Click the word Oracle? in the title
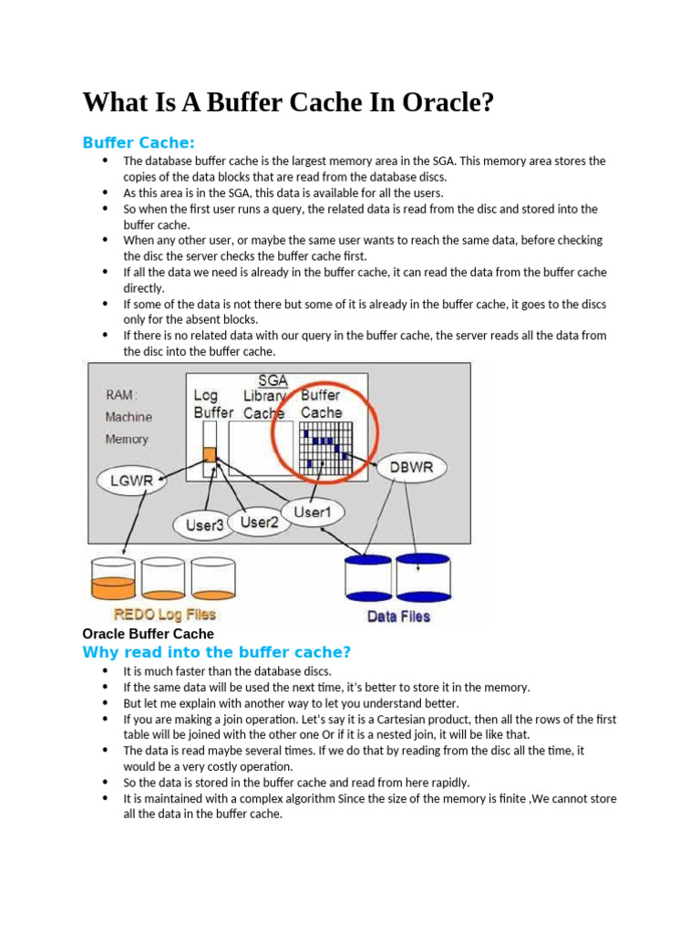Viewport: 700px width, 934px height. [445, 102]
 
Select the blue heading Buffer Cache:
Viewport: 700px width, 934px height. [139, 142]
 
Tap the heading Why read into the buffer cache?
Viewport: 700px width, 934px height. [216, 652]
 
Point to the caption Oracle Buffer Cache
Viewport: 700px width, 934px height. [148, 633]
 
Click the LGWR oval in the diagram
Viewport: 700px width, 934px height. [131, 481]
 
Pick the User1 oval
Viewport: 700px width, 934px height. [313, 513]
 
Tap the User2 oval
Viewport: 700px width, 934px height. [259, 522]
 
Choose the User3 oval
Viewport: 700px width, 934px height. [204, 525]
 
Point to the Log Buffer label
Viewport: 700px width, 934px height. [213, 404]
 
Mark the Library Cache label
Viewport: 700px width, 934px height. [264, 404]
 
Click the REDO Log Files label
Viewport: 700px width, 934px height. [164, 615]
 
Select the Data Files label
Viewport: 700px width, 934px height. [398, 616]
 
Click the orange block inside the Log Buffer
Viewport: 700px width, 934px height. [210, 454]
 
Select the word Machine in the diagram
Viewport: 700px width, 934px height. [129, 417]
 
